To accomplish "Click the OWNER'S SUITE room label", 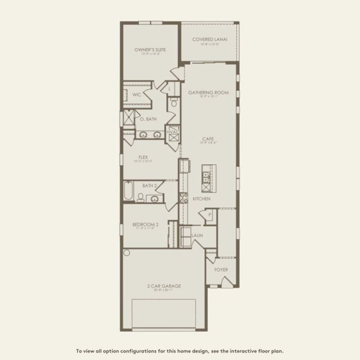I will tap(150, 50).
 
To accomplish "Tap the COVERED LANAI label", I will tap(209, 40).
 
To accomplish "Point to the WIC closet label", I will tap(137, 94).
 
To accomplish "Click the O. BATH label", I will tap(148, 119).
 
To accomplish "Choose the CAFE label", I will tap(208, 138).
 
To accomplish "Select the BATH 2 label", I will tap(150, 186).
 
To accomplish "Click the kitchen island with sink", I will tap(206, 175).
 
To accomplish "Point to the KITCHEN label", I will tap(200, 198).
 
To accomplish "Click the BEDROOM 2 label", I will tap(144, 225).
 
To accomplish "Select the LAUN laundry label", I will tap(197, 236).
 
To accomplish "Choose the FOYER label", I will tap(221, 270).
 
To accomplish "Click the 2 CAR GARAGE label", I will tap(163, 286).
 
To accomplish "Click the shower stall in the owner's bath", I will tap(128, 118).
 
